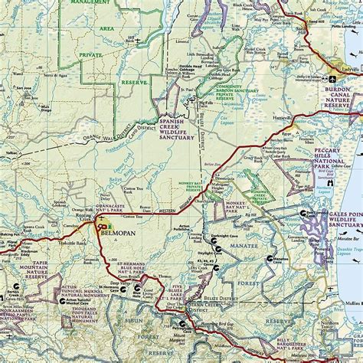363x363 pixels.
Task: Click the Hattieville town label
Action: pyautogui.click(x=282, y=117)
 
